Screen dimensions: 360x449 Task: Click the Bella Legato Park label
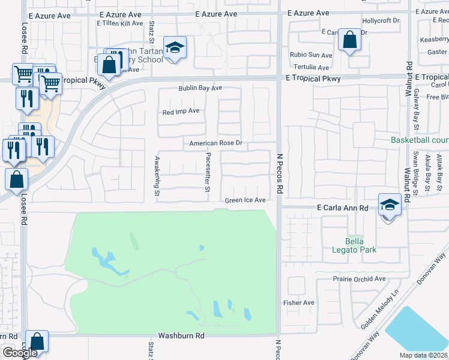pyautogui.click(x=355, y=245)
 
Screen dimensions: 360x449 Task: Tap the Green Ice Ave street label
pyautogui.click(x=245, y=200)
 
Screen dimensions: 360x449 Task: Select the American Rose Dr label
pyautogui.click(x=215, y=143)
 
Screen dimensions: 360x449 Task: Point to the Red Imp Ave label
pyautogui.click(x=181, y=112)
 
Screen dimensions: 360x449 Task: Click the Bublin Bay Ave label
pyautogui.click(x=200, y=88)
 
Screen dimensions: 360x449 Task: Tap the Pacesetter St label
pyautogui.click(x=207, y=172)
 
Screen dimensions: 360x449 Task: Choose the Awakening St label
pyautogui.click(x=157, y=176)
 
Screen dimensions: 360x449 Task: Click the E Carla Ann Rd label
pyautogui.click(x=343, y=207)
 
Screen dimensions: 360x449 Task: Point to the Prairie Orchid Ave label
pyautogui.click(x=359, y=279)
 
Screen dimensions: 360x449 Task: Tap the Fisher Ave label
pyautogui.click(x=299, y=303)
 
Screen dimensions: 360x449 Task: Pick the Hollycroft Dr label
pyautogui.click(x=380, y=20)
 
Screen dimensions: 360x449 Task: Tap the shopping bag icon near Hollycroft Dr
pyautogui.click(x=349, y=40)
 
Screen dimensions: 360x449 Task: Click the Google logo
pyautogui.click(x=20, y=353)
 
